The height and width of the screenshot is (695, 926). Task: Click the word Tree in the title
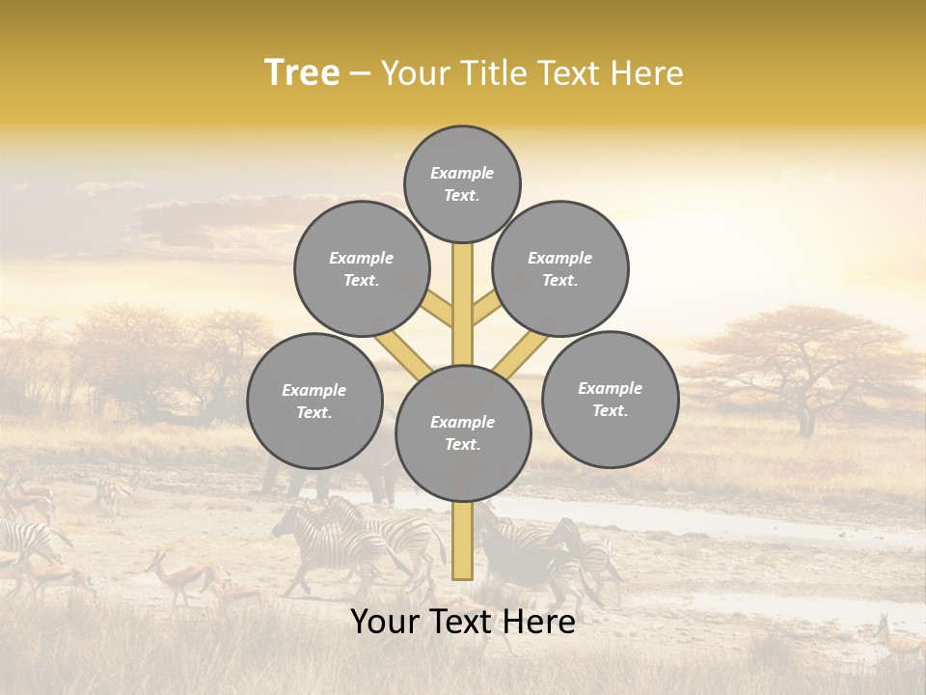point(301,72)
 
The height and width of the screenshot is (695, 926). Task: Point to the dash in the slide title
point(360,74)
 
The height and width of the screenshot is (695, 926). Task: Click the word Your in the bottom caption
point(384,622)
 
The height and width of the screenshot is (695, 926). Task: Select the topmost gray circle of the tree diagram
point(462,183)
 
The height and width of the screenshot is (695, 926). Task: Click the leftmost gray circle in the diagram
point(314,401)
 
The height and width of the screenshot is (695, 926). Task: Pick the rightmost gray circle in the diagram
point(610,399)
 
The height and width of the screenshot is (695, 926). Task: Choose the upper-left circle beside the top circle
point(361,268)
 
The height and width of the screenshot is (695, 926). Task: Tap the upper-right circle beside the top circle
point(560,268)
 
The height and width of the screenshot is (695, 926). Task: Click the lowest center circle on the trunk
point(463,433)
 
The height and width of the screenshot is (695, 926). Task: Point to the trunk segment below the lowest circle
point(462,541)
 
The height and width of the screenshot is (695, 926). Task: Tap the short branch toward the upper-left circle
point(439,309)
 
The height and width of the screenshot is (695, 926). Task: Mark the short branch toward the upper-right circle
point(485,309)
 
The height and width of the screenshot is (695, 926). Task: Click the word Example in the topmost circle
point(462,173)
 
